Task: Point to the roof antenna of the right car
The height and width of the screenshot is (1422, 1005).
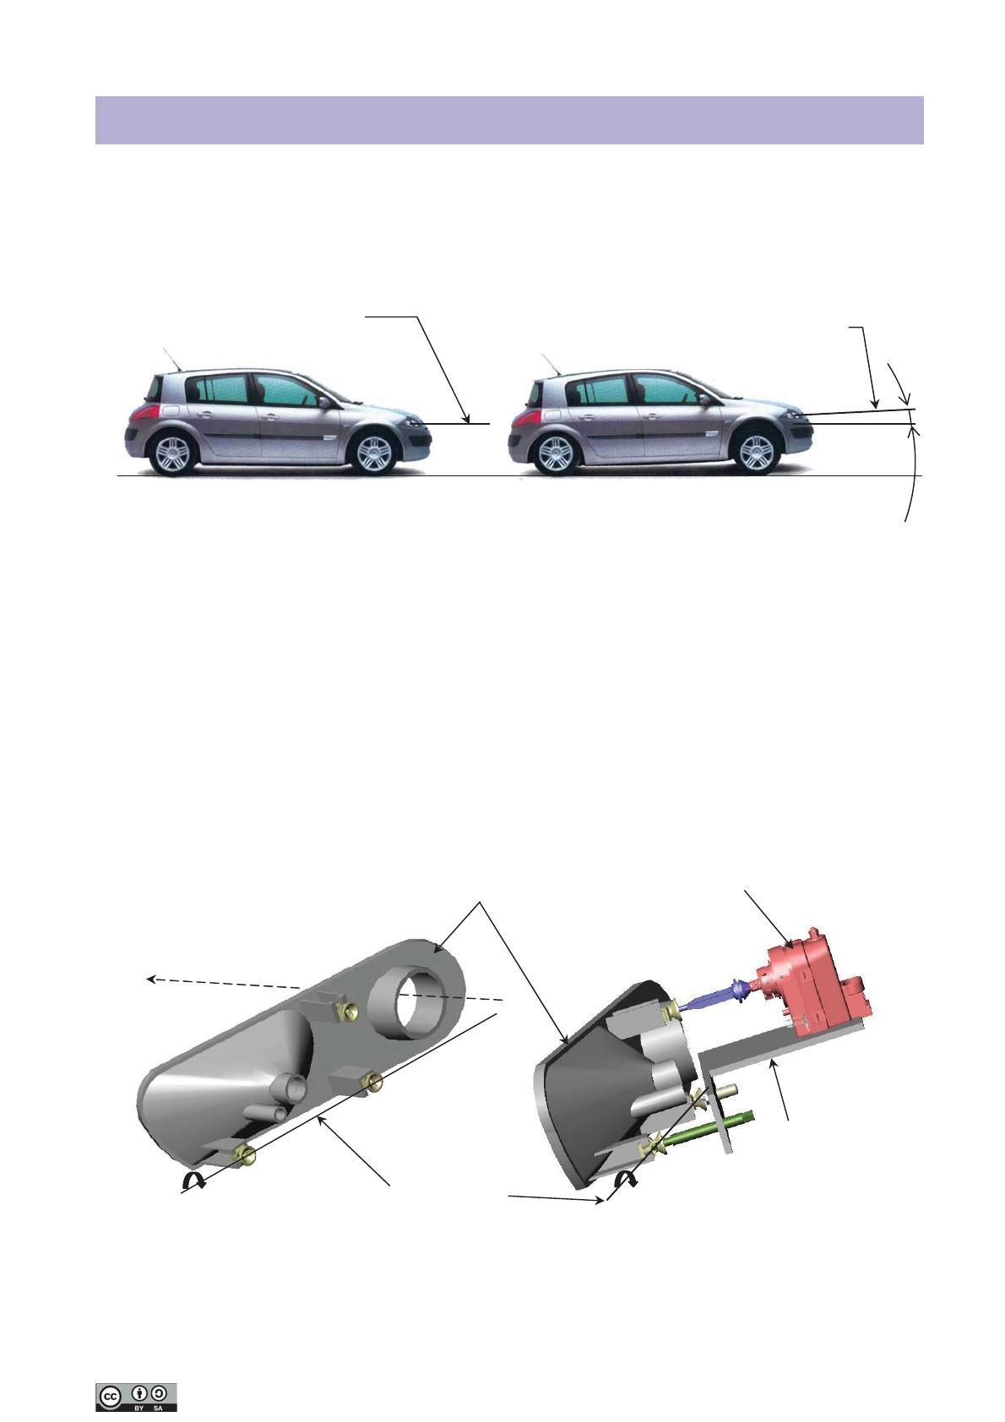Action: pos(551,363)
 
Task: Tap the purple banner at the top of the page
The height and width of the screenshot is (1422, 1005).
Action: pos(509,121)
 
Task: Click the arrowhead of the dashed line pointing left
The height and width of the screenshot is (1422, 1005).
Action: pos(151,980)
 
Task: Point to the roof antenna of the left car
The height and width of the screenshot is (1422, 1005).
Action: pos(172,359)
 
